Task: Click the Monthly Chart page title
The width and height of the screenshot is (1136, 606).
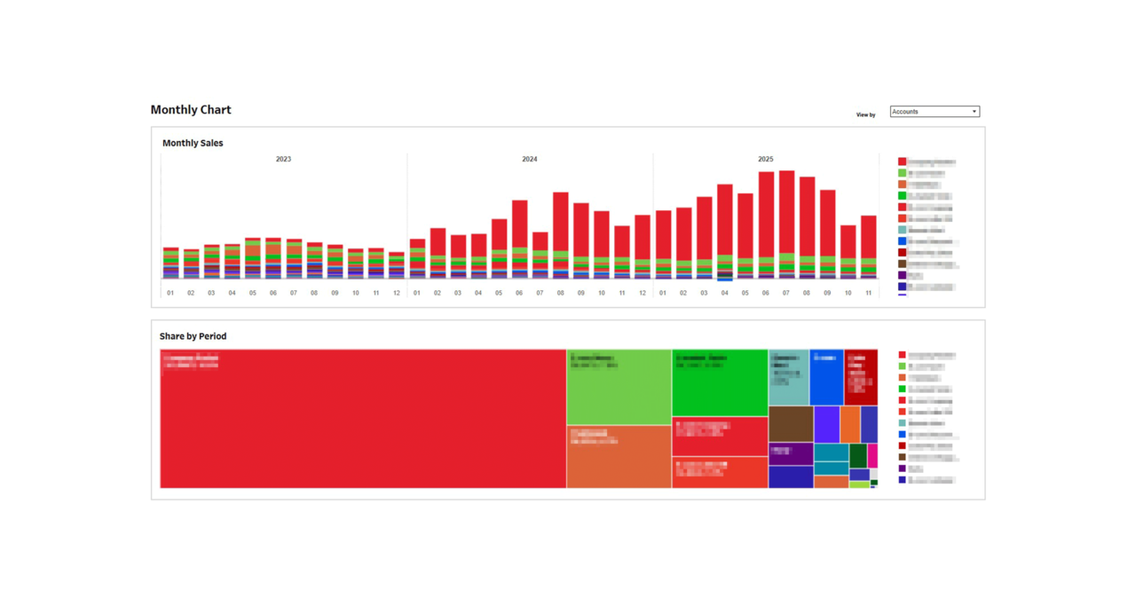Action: click(x=191, y=110)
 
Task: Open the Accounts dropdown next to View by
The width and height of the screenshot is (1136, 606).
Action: click(x=935, y=112)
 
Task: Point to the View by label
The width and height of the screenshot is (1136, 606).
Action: click(x=865, y=114)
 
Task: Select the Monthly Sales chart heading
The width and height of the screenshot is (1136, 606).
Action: click(x=193, y=143)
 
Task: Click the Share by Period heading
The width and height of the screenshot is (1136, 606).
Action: click(x=193, y=336)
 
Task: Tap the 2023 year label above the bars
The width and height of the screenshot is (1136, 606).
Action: click(x=283, y=160)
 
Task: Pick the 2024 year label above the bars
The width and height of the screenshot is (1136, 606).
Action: click(x=529, y=160)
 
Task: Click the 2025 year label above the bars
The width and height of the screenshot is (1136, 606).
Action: click(x=765, y=160)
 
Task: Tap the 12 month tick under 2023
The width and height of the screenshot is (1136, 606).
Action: click(x=396, y=293)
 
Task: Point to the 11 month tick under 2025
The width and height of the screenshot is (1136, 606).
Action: click(x=868, y=293)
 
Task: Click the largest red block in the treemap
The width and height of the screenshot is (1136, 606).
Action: click(x=363, y=418)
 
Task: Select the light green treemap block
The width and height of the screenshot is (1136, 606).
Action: click(x=619, y=387)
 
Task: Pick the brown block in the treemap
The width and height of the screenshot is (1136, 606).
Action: click(x=790, y=423)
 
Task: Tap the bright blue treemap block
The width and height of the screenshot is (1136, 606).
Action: click(x=826, y=377)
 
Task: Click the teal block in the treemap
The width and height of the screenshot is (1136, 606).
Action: click(x=788, y=377)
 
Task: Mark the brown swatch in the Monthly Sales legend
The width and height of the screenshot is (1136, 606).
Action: click(x=902, y=264)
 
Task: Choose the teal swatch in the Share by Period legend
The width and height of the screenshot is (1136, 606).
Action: click(x=902, y=423)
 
